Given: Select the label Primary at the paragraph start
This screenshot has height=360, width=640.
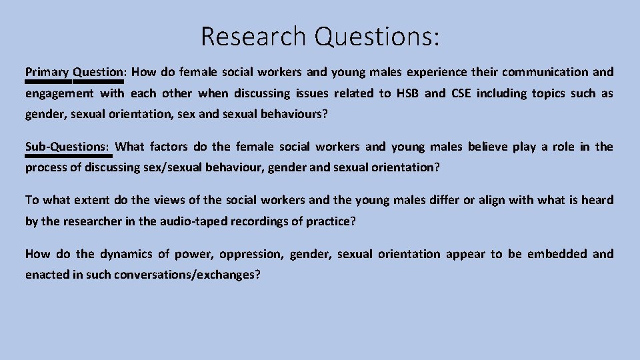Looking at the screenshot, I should pyautogui.click(x=47, y=72).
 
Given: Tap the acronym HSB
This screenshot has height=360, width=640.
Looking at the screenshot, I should pyautogui.click(x=407, y=93).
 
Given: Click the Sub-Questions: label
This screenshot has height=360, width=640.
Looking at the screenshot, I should pyautogui.click(x=69, y=147).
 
